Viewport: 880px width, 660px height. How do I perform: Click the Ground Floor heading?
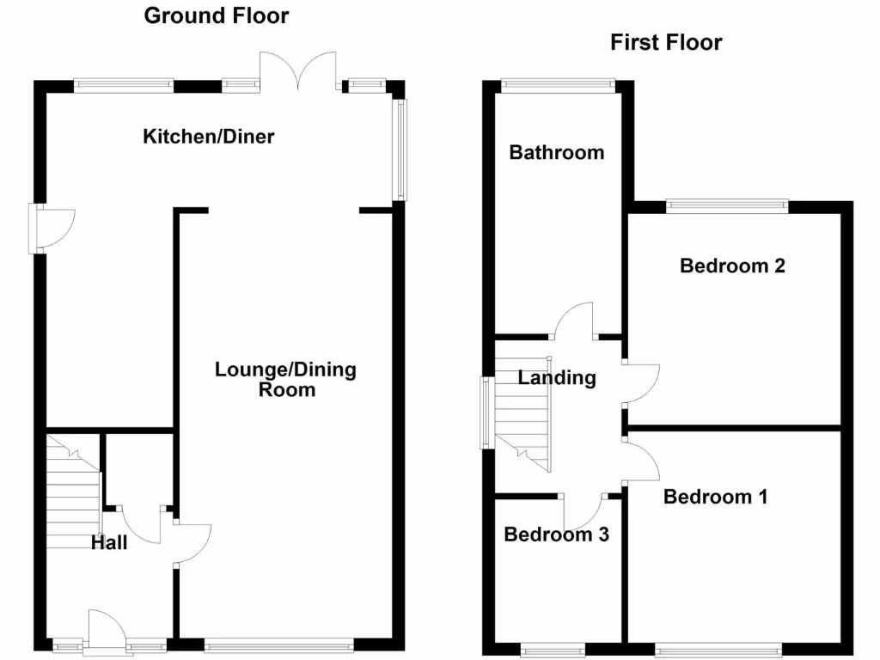[216, 15]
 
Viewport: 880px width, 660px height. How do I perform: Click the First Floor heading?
[666, 42]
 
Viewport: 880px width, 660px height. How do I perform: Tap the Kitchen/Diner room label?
[209, 136]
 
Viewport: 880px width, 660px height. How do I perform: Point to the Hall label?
[110, 542]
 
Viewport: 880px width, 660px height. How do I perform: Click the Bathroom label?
[556, 153]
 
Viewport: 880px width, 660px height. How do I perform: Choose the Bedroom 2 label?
[732, 266]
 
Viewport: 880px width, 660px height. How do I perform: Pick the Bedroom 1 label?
[715, 497]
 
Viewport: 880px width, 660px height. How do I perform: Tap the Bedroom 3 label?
[556, 535]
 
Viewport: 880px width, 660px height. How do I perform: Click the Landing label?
[557, 377]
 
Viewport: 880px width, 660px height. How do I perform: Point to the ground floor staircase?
[74, 490]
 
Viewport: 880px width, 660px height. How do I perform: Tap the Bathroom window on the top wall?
[558, 84]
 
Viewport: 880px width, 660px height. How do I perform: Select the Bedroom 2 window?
[727, 205]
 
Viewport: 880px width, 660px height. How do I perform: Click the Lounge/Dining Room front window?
[278, 643]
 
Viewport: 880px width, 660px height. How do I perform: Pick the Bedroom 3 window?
[554, 647]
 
